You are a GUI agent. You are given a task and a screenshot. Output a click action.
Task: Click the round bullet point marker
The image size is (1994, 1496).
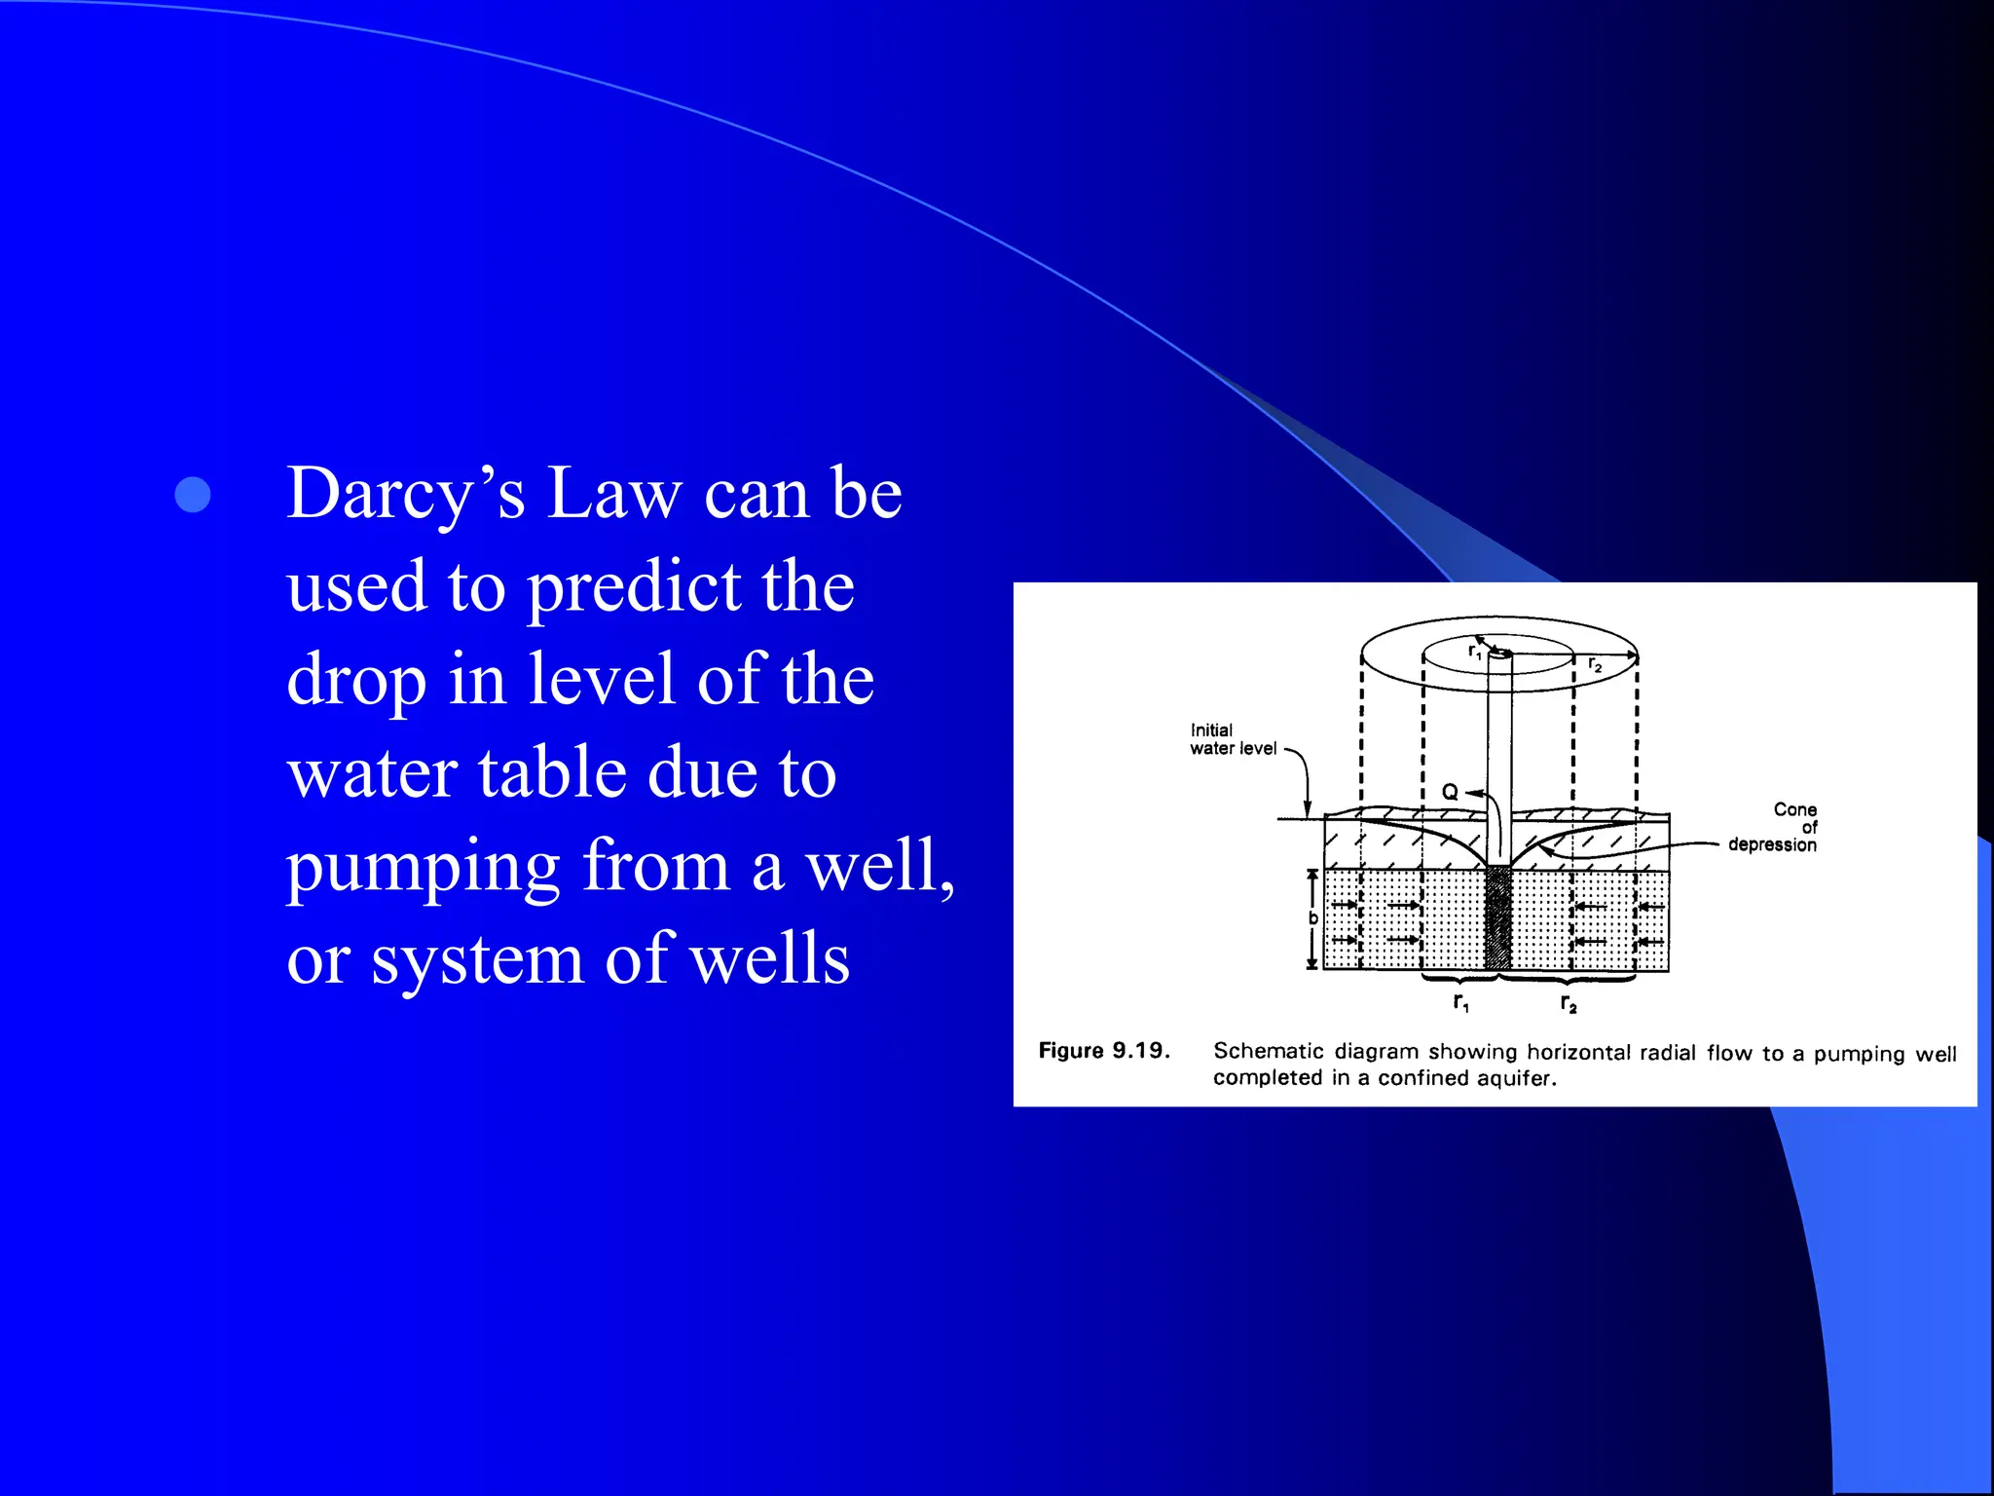point(193,495)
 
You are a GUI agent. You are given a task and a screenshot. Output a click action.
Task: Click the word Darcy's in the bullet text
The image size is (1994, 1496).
point(405,495)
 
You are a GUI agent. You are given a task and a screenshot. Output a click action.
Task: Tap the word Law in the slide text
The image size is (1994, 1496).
point(614,495)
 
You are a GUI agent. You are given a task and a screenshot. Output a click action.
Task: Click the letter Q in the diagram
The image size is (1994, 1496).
point(1450,792)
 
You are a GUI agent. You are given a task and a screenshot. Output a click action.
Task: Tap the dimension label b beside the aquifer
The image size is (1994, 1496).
point(1312,918)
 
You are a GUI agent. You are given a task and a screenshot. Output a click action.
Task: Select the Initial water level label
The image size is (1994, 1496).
point(1232,739)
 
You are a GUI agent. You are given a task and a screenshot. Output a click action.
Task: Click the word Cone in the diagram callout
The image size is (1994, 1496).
point(1794,809)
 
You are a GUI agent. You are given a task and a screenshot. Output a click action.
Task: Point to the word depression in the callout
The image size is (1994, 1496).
point(1772,844)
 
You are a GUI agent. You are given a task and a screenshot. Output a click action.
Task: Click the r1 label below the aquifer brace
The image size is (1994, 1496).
point(1460,1002)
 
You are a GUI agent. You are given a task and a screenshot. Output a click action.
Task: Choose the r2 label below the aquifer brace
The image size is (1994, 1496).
point(1568,1003)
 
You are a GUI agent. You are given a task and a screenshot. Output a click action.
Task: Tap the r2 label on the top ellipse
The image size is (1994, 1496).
point(1595,664)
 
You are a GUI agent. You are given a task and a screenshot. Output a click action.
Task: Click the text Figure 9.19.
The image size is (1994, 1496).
point(1103,1051)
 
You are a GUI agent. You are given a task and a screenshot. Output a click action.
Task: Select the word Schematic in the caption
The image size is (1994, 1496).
point(1268,1052)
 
